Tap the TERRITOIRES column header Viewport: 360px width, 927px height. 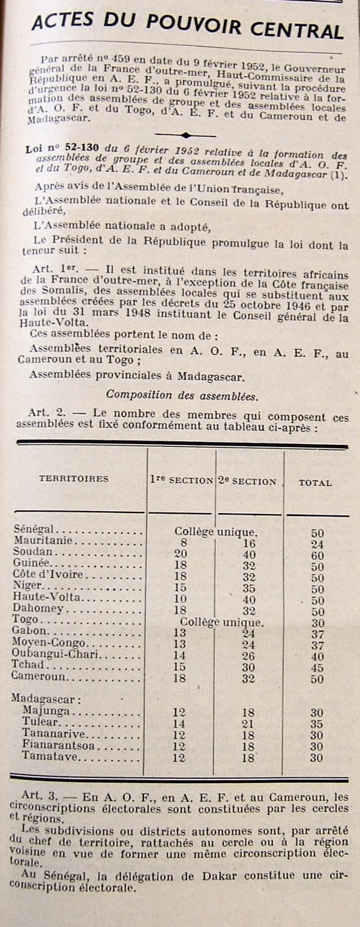coord(73,479)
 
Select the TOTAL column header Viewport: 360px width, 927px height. coord(316,483)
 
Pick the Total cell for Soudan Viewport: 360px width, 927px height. coord(317,555)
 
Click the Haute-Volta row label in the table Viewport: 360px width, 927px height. coord(45,597)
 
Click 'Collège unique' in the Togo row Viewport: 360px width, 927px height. coord(222,621)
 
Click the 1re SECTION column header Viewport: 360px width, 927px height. coord(181,480)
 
